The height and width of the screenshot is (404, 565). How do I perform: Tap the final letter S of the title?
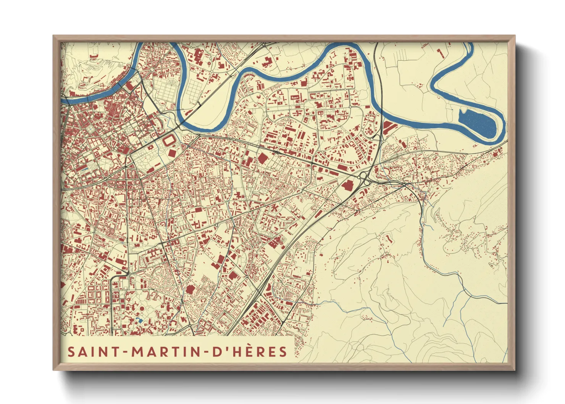click(283, 352)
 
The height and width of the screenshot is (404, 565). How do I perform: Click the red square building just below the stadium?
click(172, 153)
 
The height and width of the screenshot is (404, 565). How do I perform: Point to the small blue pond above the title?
click(139, 319)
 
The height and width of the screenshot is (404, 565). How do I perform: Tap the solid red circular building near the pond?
click(142, 308)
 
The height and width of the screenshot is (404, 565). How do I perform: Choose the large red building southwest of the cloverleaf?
click(347, 186)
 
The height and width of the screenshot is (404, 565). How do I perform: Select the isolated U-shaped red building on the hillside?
click(389, 239)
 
